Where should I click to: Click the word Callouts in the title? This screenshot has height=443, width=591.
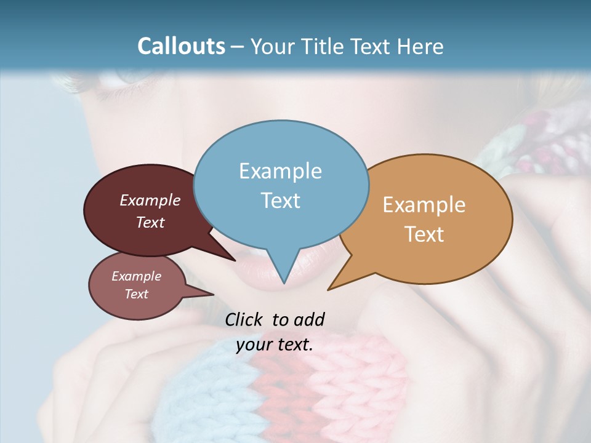click(181, 46)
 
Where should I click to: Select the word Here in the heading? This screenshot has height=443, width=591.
click(420, 46)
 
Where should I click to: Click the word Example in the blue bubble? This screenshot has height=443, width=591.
click(280, 171)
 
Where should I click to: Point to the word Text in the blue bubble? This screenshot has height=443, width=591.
click(280, 201)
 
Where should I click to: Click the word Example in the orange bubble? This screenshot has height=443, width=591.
click(424, 205)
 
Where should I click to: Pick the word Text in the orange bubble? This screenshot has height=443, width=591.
click(425, 234)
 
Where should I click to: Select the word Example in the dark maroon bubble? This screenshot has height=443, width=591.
click(150, 201)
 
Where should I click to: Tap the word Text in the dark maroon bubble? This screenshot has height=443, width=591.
click(150, 222)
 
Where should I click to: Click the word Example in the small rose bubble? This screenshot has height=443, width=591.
click(136, 276)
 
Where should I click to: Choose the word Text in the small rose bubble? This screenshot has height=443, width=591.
click(136, 294)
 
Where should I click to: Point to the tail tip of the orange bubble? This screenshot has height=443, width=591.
click(329, 289)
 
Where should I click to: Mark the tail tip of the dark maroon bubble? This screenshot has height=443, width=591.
click(235, 260)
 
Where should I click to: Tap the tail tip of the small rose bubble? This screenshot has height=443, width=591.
click(213, 294)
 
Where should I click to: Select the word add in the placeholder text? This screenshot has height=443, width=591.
click(309, 319)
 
